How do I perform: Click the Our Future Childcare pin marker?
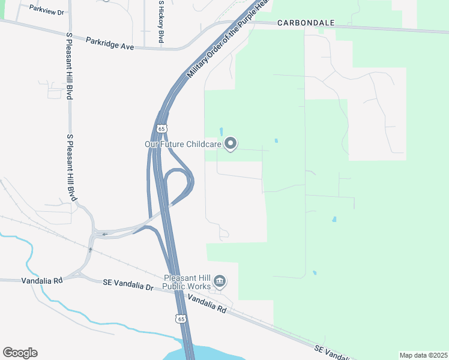point(231,143)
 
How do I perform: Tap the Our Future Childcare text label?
point(183,144)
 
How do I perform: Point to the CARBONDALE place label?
point(306,23)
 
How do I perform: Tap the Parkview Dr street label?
point(46,10)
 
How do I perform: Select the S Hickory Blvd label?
point(161,21)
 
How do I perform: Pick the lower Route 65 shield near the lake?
point(181,319)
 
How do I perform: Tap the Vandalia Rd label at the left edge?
point(41,280)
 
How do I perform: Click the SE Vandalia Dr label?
point(128,282)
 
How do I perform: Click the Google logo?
point(20,353)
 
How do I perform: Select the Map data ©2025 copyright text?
point(423,355)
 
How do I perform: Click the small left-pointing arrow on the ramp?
point(104,234)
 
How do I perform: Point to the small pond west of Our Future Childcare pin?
point(221,131)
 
